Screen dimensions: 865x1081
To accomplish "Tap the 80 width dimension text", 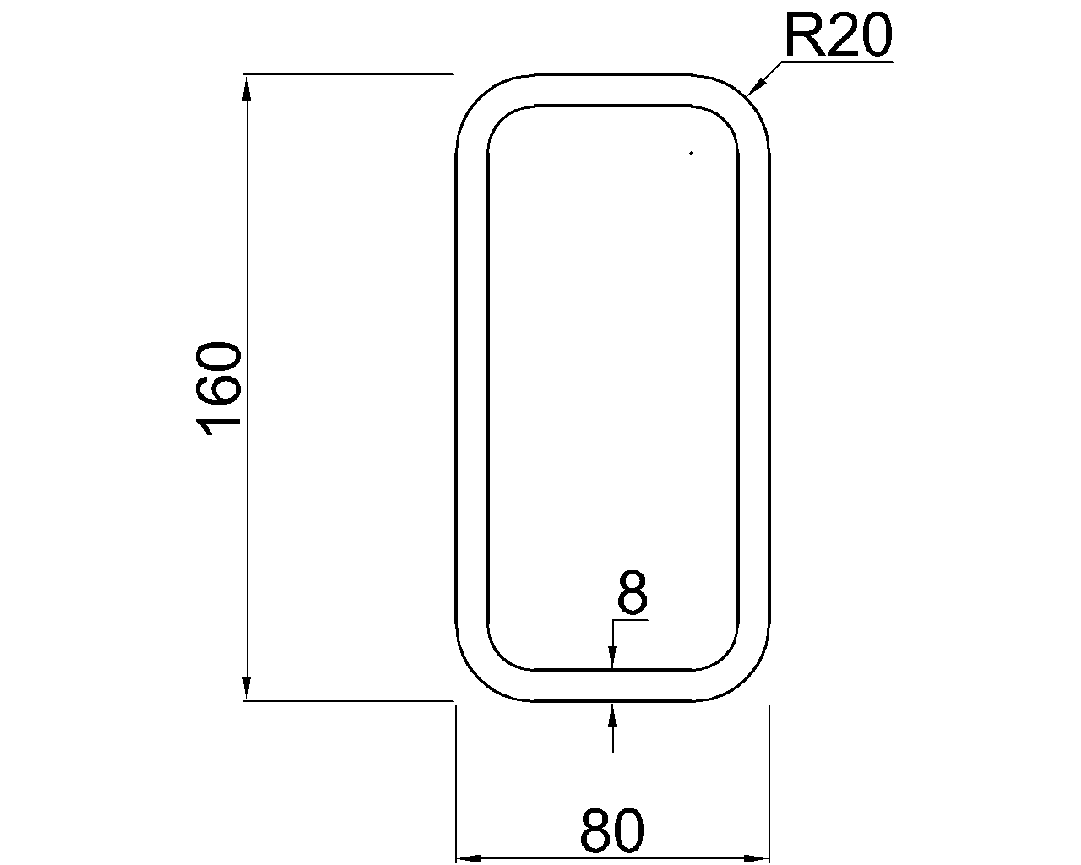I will click(612, 831).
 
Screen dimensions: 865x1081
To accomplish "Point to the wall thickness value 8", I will click(632, 593).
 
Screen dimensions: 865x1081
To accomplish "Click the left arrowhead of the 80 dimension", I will click(467, 857).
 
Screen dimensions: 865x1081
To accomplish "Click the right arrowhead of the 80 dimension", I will click(758, 857).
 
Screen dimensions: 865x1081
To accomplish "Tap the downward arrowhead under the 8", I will click(612, 659).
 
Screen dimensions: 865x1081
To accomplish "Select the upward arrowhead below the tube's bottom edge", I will click(612, 712).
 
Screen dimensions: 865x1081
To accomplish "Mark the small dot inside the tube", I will click(691, 153).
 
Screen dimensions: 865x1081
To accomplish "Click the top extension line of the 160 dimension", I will click(346, 74).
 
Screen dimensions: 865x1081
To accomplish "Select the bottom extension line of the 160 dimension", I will click(346, 700).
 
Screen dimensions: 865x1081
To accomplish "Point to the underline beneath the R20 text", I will click(836, 61).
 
